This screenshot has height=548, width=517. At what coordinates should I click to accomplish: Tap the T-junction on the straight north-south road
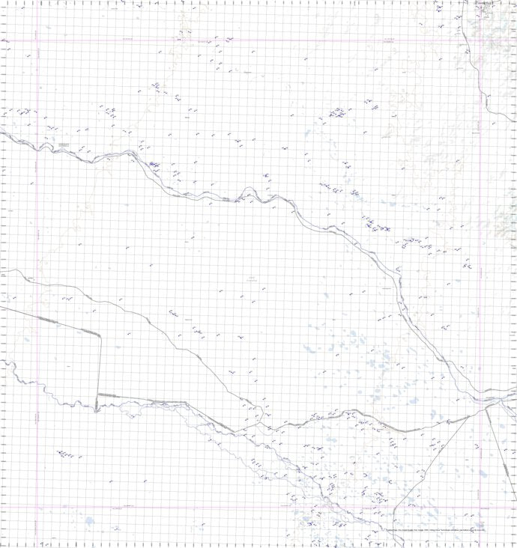pyautogui.click(x=97, y=395)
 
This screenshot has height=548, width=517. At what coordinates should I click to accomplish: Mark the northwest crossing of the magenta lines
pyautogui.click(x=38, y=40)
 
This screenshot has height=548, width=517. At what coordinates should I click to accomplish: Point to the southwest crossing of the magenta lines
pyautogui.click(x=38, y=508)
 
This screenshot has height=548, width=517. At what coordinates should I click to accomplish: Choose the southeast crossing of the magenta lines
pyautogui.click(x=480, y=508)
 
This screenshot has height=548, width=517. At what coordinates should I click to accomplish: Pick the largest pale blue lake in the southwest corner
pyautogui.click(x=90, y=520)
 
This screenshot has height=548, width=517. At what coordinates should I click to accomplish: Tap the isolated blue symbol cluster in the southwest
pyautogui.click(x=70, y=454)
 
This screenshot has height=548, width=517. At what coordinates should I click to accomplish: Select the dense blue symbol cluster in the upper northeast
pyautogui.click(x=338, y=113)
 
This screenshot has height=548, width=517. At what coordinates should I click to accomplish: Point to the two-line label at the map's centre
pyautogui.click(x=252, y=278)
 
